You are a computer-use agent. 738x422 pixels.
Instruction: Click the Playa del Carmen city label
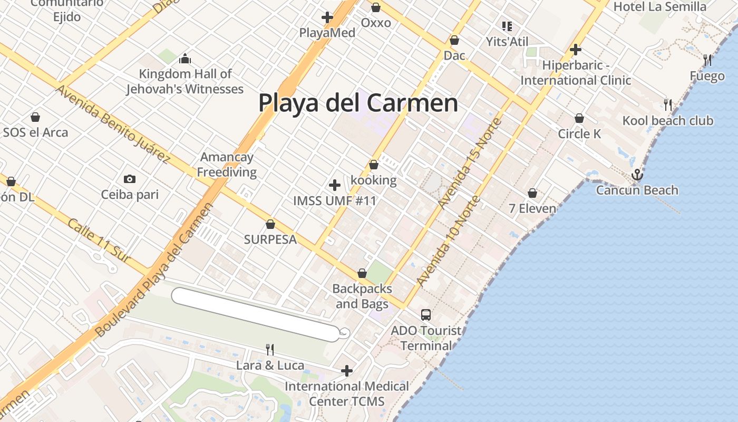(x=358, y=103)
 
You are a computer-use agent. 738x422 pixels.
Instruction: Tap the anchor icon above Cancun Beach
(x=637, y=174)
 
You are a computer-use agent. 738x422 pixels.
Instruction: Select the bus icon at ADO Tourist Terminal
(x=426, y=315)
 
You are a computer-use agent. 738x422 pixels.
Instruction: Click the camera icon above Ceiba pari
(x=130, y=179)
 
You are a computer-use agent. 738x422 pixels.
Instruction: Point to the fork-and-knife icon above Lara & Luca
(x=269, y=349)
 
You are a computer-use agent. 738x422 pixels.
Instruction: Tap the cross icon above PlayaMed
(x=327, y=17)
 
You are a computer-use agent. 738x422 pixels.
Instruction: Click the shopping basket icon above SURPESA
(x=270, y=224)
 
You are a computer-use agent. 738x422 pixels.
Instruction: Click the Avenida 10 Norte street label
(x=448, y=241)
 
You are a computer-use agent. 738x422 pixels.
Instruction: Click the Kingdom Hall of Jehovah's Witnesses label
(x=185, y=81)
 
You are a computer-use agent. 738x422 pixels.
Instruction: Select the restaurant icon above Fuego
(x=707, y=60)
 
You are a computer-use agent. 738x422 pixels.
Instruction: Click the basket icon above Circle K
(x=579, y=118)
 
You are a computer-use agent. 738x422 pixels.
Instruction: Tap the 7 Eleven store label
(x=532, y=208)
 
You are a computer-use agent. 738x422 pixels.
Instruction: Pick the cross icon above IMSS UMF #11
(x=335, y=185)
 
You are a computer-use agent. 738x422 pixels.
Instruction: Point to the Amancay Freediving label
(x=227, y=165)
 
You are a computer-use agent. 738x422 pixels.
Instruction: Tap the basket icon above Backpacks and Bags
(x=362, y=273)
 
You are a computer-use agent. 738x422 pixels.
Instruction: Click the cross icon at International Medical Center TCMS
(x=347, y=371)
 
